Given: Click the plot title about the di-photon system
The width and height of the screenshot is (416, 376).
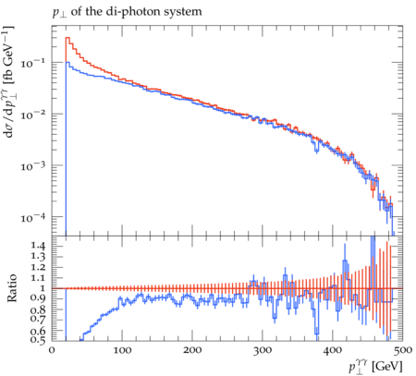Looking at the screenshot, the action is pos(127,12).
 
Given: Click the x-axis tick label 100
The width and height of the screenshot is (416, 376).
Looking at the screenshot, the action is pos(122,350).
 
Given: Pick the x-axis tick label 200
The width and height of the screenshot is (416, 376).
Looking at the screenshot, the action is pos(192,350).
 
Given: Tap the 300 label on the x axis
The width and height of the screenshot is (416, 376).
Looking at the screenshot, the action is pos(263,350).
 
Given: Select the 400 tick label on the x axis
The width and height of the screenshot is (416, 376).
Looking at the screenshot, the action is pos(333,350).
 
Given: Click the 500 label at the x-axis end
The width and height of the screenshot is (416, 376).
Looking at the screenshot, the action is pos(402,350).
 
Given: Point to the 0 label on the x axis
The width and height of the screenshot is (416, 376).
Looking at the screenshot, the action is pos(52,350).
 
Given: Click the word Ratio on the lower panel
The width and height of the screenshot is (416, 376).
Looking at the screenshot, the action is pos(11,288).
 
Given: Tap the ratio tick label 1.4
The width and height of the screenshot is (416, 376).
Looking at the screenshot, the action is pos(38,246).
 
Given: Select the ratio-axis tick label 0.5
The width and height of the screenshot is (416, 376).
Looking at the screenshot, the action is pos(38,340).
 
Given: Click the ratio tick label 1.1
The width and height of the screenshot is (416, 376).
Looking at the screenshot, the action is pos(38,278).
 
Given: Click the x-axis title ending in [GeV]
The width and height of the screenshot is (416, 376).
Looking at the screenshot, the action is pos(375,367).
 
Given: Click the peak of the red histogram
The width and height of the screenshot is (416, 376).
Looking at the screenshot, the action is pos(67,38).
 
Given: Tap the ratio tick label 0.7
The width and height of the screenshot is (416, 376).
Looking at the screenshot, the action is pos(38,319).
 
